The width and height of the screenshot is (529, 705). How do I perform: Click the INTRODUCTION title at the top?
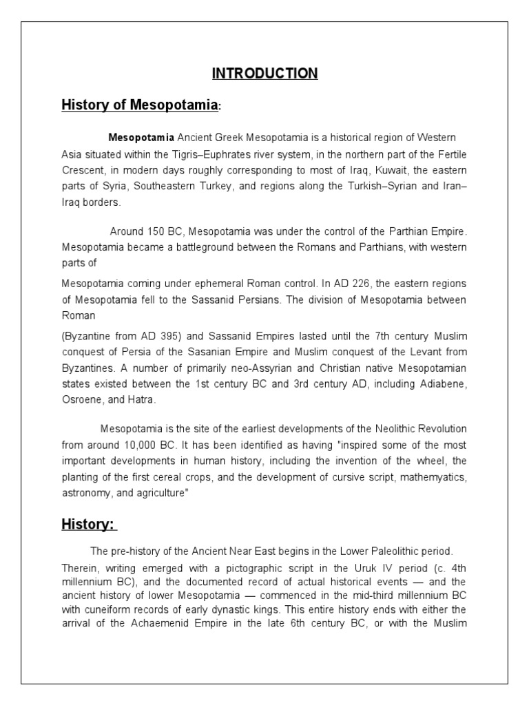click(x=264, y=74)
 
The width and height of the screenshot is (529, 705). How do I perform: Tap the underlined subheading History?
click(x=89, y=525)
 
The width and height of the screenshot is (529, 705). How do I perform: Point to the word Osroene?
click(x=82, y=399)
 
